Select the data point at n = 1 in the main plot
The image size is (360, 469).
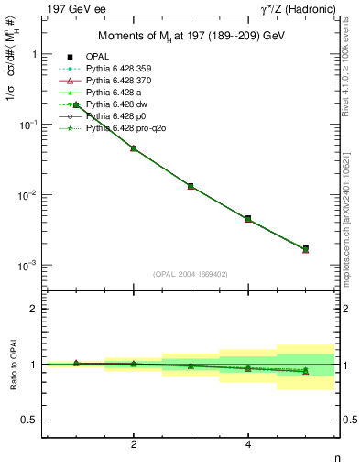76,105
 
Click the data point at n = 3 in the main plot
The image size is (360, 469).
191,186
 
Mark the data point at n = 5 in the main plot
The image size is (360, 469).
305,248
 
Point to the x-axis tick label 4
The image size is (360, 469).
248,444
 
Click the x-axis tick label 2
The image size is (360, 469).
134,444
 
